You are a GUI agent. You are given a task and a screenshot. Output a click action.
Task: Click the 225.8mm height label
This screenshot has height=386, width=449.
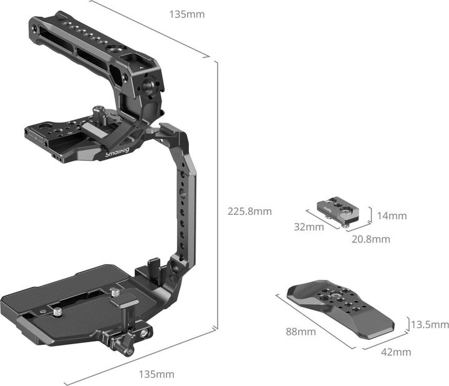(x=250, y=211)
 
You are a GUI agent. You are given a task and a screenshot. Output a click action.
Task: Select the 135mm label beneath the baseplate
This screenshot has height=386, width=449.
(x=156, y=374)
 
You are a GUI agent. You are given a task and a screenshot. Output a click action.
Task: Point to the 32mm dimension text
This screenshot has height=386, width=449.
(x=309, y=227)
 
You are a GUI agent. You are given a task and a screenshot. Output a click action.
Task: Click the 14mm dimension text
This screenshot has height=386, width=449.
(x=392, y=216)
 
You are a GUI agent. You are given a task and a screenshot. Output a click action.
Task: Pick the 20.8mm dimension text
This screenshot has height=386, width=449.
(x=370, y=239)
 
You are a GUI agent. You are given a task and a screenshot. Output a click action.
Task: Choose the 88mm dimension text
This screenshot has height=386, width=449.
(x=301, y=332)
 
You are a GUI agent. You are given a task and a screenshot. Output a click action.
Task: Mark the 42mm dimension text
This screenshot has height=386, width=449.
(x=396, y=352)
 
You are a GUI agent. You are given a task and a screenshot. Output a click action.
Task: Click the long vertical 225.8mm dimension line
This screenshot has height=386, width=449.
(x=217, y=194)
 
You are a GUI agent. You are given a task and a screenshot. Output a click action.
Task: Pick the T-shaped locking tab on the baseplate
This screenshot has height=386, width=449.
(x=127, y=307)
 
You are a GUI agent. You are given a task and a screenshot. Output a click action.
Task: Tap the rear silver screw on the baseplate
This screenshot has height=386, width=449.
(x=114, y=292)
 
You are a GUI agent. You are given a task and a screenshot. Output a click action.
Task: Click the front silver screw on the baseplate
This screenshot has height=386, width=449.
(x=57, y=309)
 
